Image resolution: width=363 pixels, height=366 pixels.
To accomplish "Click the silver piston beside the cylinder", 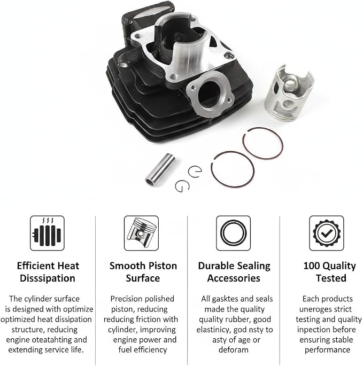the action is click(x=289, y=94).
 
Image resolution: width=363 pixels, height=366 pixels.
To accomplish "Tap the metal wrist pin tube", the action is click(x=160, y=169).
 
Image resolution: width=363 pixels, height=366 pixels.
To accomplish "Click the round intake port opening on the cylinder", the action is click(x=208, y=95).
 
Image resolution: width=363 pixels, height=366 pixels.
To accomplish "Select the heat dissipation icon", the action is click(x=47, y=233).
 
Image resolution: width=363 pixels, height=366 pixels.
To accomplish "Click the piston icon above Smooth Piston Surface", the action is click(x=141, y=233).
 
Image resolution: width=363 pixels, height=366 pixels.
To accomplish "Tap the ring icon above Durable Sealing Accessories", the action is click(x=233, y=233).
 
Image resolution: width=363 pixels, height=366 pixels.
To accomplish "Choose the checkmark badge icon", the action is click(x=327, y=233).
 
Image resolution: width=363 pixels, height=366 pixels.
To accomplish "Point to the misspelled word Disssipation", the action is click(x=48, y=278).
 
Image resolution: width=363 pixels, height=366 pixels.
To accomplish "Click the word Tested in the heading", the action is click(x=331, y=278).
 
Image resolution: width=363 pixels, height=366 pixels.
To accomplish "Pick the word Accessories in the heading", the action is click(x=234, y=278).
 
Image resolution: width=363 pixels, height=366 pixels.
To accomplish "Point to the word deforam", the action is click(x=234, y=350).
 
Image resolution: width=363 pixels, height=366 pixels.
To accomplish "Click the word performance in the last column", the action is click(x=327, y=350).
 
